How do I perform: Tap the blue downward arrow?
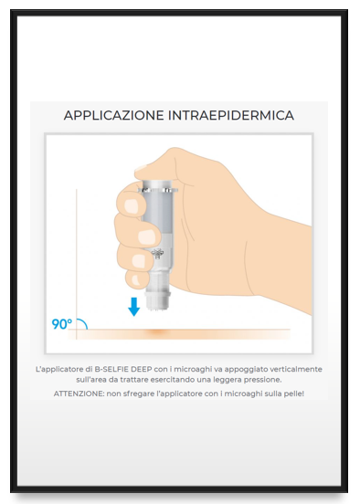[x=134, y=306]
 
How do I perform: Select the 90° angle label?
[x=61, y=323]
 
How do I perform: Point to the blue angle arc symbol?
[x=81, y=322]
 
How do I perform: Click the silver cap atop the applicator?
[x=155, y=182]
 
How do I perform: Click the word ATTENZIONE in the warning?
[x=79, y=394]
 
